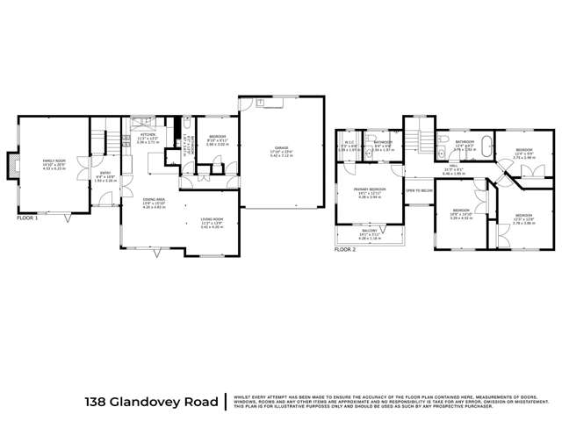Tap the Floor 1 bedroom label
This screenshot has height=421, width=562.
click(217, 139)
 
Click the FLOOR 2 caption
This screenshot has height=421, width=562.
click(345, 250)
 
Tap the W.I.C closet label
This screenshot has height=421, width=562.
click(349, 143)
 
